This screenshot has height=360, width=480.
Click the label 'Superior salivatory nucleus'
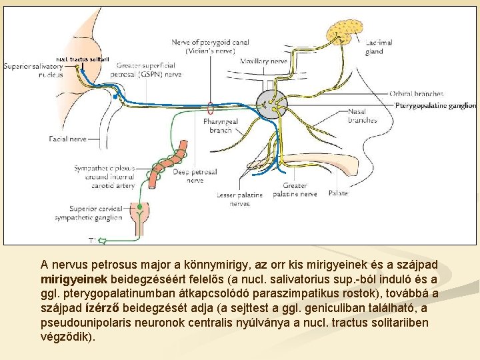pyautogui.click(x=33, y=70)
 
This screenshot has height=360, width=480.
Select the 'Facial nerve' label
pyautogui.click(x=67, y=139)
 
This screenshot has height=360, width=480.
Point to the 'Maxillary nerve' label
pyautogui.click(x=263, y=61)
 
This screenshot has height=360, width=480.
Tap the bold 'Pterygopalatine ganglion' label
pyautogui.click(x=435, y=105)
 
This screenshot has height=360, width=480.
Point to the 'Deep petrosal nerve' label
pyautogui.click(x=195, y=176)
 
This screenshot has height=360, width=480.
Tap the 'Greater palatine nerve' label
pyautogui.click(x=295, y=190)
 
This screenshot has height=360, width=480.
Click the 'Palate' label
pyautogui.click(x=338, y=193)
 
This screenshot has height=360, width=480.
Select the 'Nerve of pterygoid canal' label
pyautogui.click(x=210, y=46)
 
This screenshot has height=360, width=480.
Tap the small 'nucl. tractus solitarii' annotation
pyautogui.click(x=83, y=59)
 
